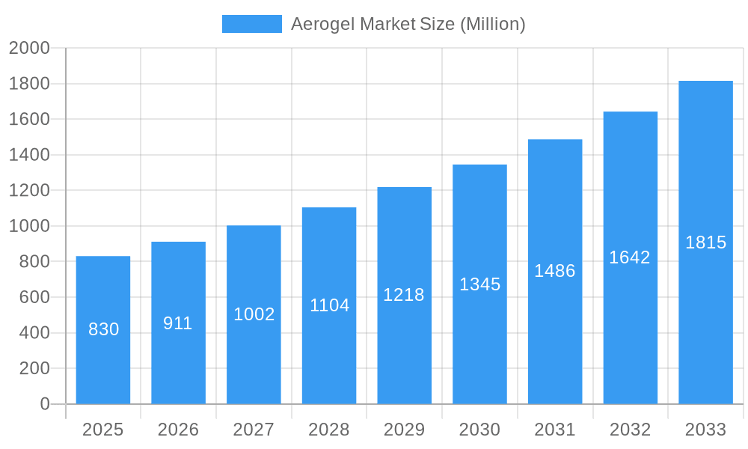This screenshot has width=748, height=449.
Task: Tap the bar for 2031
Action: (555, 337)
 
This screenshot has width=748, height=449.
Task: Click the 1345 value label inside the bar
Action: (479, 284)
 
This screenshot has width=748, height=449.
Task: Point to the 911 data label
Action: (178, 323)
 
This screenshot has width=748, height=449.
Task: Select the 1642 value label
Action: (630, 257)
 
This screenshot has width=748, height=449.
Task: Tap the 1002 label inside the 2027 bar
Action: (254, 314)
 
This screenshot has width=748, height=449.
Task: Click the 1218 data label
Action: (404, 295)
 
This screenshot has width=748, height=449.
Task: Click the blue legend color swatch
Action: (252, 24)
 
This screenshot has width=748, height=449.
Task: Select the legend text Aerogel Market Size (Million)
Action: (408, 24)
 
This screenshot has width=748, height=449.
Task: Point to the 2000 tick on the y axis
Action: (29, 49)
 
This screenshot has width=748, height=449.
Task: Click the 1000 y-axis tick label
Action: (29, 226)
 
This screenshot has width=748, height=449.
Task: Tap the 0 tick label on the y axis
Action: (44, 404)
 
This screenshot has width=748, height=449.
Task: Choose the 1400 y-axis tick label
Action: (29, 155)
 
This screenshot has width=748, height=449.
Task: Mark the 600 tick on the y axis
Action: (34, 297)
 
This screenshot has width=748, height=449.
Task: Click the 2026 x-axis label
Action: (178, 430)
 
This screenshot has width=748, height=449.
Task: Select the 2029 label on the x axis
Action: (404, 430)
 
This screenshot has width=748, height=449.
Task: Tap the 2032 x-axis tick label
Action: (630, 430)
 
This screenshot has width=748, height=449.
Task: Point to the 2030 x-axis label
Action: (479, 430)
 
